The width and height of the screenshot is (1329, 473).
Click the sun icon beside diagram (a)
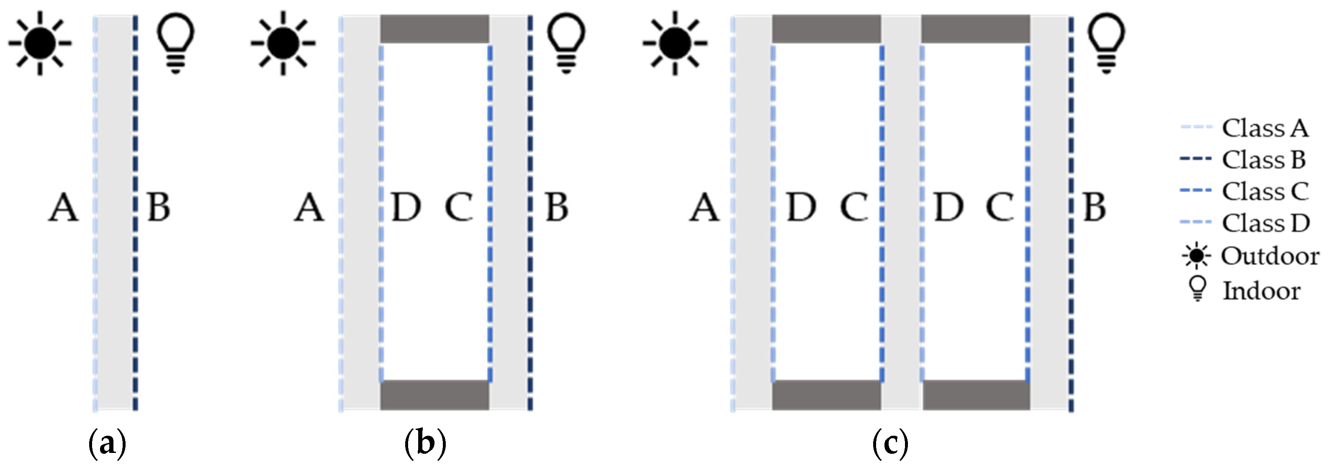point(40,44)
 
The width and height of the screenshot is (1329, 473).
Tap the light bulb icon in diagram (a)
point(175,42)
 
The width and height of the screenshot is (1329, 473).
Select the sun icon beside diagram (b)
point(283,44)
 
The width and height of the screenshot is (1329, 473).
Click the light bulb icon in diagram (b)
point(566,42)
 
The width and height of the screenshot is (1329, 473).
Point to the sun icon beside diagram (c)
point(674,44)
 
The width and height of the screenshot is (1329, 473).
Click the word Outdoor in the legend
point(1270,256)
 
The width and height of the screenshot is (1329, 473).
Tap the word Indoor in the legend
point(1262,291)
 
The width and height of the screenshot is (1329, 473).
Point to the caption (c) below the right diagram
point(890,444)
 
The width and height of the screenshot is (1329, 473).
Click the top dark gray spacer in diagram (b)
point(434,29)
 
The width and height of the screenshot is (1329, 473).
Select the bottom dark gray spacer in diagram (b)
point(434,395)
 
